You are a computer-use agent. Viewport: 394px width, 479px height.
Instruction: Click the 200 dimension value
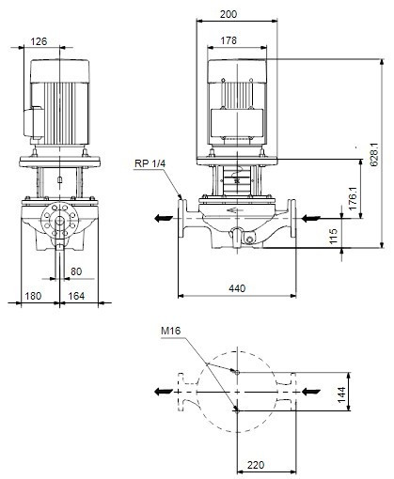click(x=229, y=14)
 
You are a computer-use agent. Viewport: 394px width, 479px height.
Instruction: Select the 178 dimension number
click(x=229, y=40)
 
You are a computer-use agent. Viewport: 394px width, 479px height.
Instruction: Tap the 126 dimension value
click(x=39, y=41)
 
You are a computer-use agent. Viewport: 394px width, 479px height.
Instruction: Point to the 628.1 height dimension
click(x=374, y=155)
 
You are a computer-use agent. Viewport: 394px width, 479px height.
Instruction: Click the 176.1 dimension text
click(x=353, y=198)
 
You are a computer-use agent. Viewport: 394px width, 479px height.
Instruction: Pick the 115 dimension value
click(x=334, y=236)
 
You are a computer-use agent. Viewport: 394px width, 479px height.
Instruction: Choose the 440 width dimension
click(x=237, y=288)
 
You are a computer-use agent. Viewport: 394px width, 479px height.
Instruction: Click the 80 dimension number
click(x=76, y=271)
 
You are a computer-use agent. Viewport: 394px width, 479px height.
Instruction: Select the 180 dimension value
click(x=33, y=296)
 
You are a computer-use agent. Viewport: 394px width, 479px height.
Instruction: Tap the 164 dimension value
click(x=76, y=296)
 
